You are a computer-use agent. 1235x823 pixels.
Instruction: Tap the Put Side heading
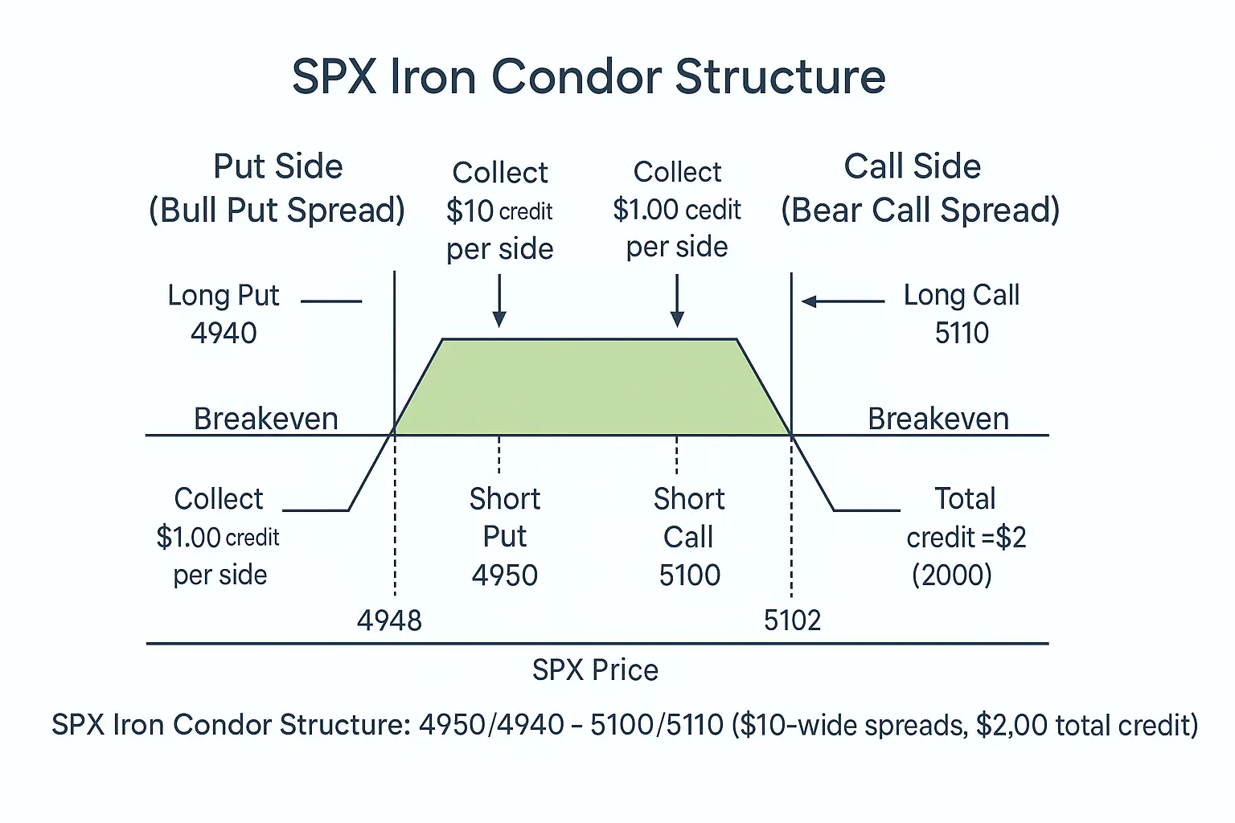(277, 166)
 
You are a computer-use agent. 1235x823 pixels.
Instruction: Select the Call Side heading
(912, 166)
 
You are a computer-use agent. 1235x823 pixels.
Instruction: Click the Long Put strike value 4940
(224, 333)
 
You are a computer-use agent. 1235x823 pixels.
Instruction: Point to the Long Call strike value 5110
(962, 333)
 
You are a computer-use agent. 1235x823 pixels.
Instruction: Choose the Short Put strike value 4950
(505, 575)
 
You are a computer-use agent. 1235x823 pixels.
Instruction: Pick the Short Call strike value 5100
(689, 575)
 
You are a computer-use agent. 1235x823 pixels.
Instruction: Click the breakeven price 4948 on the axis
(389, 620)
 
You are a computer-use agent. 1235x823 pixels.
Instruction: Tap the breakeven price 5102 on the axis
(792, 620)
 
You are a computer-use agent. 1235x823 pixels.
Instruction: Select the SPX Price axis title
(595, 669)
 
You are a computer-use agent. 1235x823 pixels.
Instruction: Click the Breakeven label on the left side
(265, 419)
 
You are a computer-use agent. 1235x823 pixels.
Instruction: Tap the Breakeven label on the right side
(938, 419)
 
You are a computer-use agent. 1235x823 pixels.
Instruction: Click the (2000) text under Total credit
(951, 575)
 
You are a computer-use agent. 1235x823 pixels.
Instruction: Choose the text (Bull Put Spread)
(277, 211)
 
